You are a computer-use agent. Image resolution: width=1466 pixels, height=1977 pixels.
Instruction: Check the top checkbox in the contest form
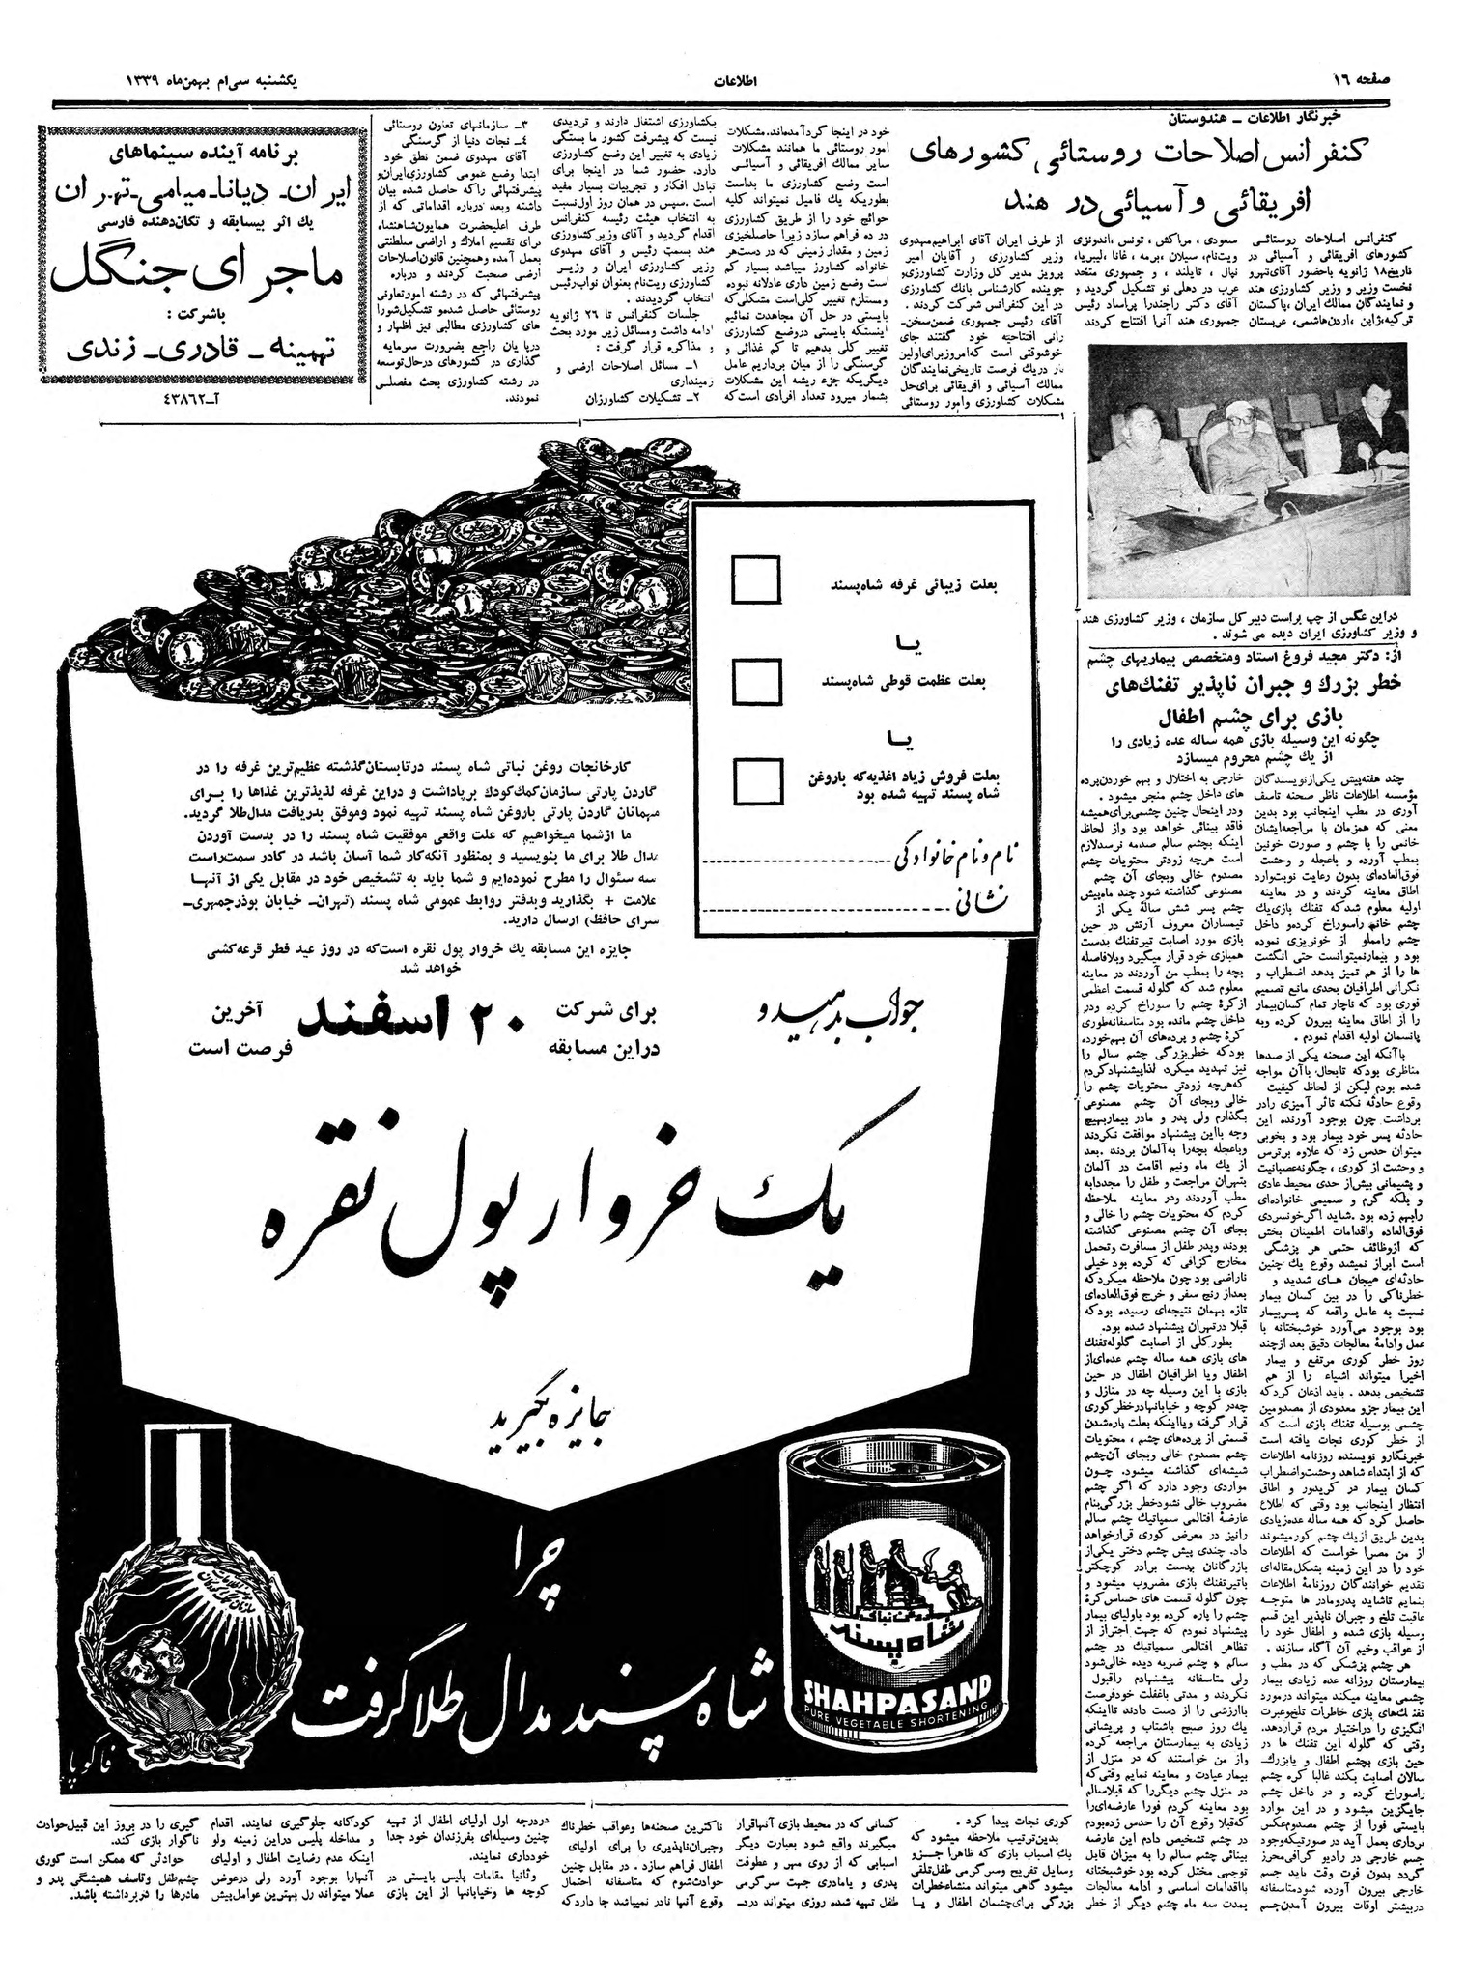756,579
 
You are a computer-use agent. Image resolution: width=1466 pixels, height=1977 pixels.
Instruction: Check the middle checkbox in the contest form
756,682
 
